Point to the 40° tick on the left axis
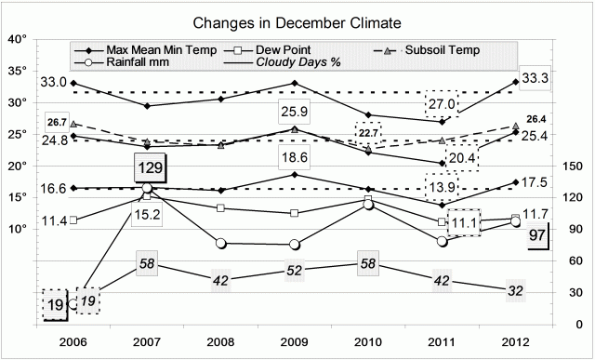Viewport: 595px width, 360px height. click(x=18, y=39)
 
